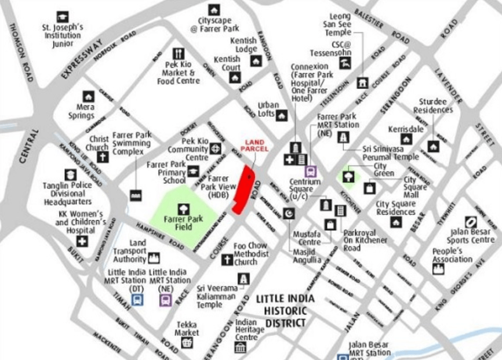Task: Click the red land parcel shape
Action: [243, 190]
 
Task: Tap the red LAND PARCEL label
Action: [254, 146]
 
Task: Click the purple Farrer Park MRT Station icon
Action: [311, 172]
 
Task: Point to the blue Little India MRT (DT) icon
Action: [137, 300]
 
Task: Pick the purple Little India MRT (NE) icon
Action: [166, 300]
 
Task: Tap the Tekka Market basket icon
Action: [187, 343]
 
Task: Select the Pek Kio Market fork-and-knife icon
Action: [178, 53]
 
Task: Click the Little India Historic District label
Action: [285, 311]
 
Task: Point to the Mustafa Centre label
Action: [305, 238]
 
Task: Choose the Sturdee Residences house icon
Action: [433, 146]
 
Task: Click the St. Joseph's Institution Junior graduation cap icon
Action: [63, 17]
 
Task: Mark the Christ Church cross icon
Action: [102, 157]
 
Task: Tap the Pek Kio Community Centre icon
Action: [216, 148]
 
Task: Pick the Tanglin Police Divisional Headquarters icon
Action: [70, 174]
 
